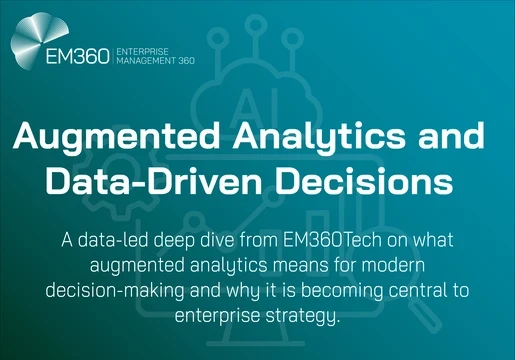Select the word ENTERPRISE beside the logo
[144, 51]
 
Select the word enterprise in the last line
[220, 316]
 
